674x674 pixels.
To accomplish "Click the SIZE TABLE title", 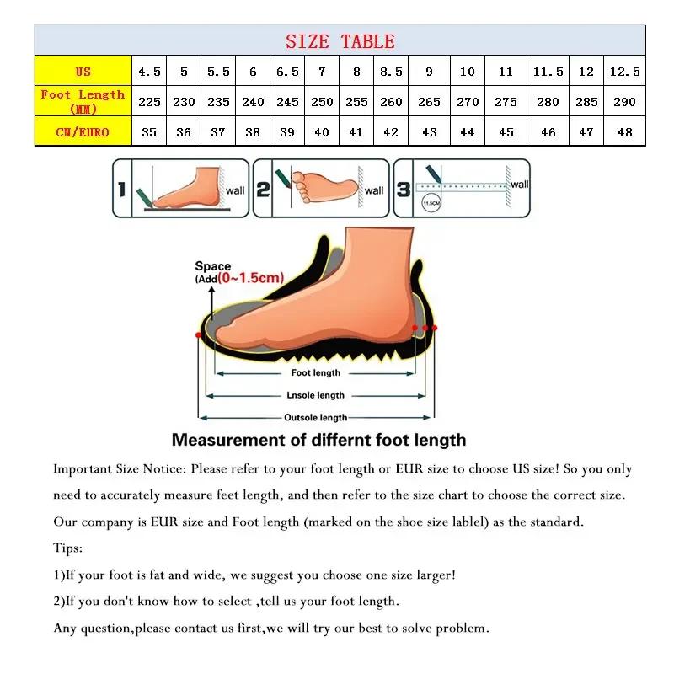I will pyautogui.click(x=340, y=41).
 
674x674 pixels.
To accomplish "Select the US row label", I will pyautogui.click(x=83, y=72).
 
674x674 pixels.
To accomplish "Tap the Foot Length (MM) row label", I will pyautogui.click(x=83, y=101).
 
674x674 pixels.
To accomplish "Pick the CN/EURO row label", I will pyautogui.click(x=83, y=132).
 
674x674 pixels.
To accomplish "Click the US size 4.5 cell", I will pyautogui.click(x=149, y=72).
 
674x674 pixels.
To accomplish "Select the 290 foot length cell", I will pyautogui.click(x=624, y=102).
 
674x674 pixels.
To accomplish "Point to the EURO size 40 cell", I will pyautogui.click(x=322, y=132).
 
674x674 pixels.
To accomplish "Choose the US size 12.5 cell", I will pyautogui.click(x=624, y=72).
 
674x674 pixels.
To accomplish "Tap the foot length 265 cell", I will pyautogui.click(x=429, y=102).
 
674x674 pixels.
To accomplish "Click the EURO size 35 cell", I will pyautogui.click(x=149, y=132).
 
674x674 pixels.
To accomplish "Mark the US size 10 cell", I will pyautogui.click(x=468, y=72).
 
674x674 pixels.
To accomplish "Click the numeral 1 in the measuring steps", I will pyautogui.click(x=121, y=190).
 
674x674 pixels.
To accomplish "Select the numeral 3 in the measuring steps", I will pyautogui.click(x=404, y=190).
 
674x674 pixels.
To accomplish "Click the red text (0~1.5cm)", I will pyautogui.click(x=250, y=278).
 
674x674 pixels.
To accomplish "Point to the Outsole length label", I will pyautogui.click(x=315, y=417).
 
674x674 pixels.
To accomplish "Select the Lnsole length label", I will pyautogui.click(x=315, y=395).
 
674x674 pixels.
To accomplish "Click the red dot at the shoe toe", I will pyautogui.click(x=199, y=334).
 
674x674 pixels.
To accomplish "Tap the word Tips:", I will pyautogui.click(x=68, y=548).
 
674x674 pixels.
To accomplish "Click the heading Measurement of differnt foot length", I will pyautogui.click(x=318, y=440).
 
